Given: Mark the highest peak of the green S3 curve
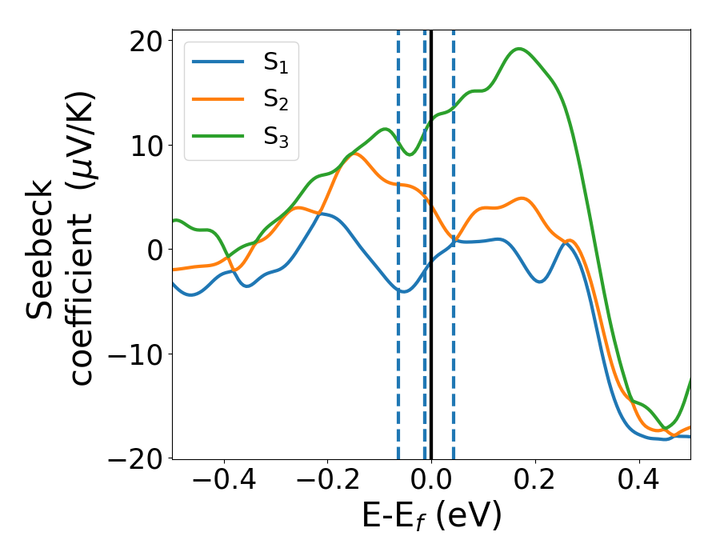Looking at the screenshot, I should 520,49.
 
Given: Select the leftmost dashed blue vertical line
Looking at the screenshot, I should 398,360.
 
